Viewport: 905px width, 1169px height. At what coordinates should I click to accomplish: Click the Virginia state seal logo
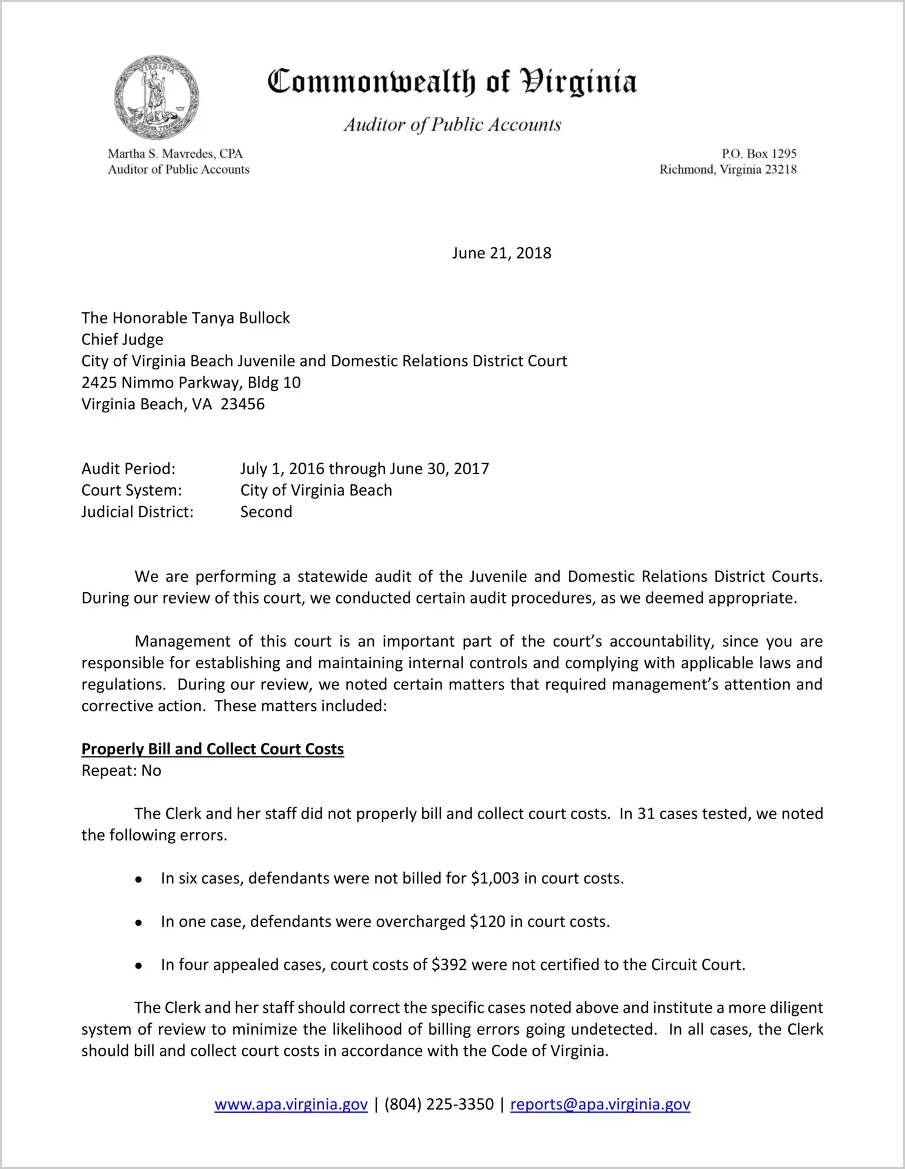(157, 97)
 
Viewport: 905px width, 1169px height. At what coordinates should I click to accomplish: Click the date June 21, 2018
(502, 253)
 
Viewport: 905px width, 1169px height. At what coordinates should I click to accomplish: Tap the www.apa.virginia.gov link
(291, 1104)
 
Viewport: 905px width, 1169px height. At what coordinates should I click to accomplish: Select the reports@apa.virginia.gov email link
(600, 1104)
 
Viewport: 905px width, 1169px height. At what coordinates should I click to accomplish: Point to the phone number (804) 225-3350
(439, 1104)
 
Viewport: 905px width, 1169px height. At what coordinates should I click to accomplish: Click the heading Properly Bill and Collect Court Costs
(213, 749)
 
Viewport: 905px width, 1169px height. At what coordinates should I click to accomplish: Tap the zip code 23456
(242, 404)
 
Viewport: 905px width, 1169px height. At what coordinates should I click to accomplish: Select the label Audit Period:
(128, 469)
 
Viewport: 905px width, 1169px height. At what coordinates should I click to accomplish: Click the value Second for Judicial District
(266, 512)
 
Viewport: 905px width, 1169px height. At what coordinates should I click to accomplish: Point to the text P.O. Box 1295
(758, 154)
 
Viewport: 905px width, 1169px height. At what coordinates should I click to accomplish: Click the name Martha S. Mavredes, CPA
(175, 154)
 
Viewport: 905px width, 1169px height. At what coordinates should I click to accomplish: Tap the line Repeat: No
(121, 771)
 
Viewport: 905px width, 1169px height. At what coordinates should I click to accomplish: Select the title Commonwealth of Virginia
(452, 82)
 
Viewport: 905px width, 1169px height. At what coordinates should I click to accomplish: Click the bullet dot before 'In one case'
(139, 923)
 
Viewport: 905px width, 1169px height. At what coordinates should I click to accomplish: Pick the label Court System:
(131, 490)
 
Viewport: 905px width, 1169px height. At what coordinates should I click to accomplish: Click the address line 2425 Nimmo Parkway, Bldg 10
(191, 383)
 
